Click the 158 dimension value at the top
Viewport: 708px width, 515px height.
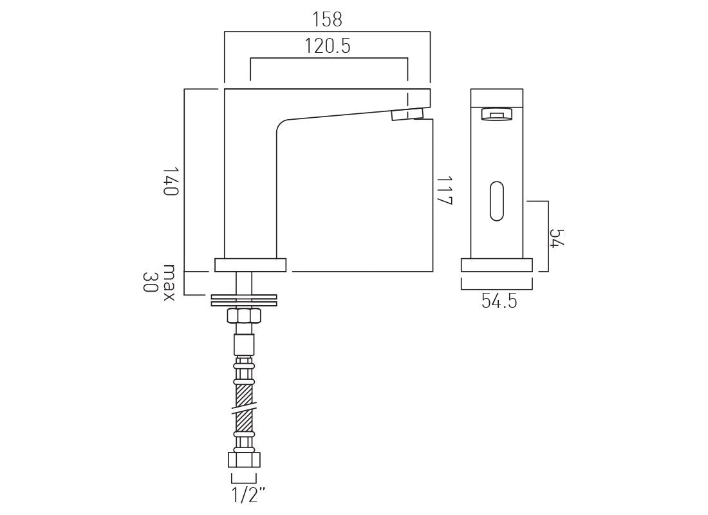click(327, 20)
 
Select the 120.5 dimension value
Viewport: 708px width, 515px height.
click(328, 46)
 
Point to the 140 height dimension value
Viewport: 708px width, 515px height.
click(170, 182)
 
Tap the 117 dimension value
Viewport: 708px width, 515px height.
click(444, 191)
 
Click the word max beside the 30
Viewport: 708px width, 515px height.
click(169, 282)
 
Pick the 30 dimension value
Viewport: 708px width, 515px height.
click(149, 282)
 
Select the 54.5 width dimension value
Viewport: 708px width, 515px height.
click(499, 301)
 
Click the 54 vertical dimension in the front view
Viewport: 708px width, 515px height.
click(557, 238)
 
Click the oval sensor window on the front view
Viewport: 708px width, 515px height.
click(497, 201)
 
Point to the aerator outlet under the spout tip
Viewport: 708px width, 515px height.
click(407, 115)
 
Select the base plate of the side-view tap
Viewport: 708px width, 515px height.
click(250, 265)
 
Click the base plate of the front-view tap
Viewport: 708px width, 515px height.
click(496, 265)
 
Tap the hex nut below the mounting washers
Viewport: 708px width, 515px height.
click(244, 316)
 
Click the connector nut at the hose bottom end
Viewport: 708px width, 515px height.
click(244, 460)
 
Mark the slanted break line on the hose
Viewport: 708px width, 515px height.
click(244, 409)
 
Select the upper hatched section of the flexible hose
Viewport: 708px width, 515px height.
click(244, 395)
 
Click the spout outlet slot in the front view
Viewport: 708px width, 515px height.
click(496, 115)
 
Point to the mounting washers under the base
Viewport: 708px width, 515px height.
click(244, 300)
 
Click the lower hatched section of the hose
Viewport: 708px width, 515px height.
click(244, 422)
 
